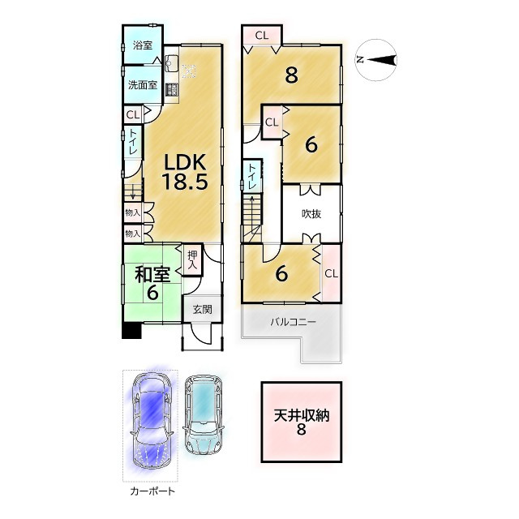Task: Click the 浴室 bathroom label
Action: [x=143, y=45]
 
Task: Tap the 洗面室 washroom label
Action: [x=143, y=85]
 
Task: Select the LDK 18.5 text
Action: [x=185, y=172]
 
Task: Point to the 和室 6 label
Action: [x=152, y=283]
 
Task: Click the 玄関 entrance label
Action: [x=202, y=310]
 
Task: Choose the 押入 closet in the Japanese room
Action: [x=192, y=259]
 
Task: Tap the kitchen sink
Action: [x=171, y=63]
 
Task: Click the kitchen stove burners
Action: [x=171, y=90]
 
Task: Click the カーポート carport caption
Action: [x=152, y=491]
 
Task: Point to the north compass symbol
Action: [x=375, y=60]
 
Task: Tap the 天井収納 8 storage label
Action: [x=302, y=422]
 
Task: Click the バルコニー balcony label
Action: [x=294, y=322]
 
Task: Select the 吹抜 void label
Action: [x=311, y=214]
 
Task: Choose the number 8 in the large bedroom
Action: [x=291, y=75]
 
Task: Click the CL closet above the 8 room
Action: [x=261, y=36]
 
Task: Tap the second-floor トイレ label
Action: [x=252, y=176]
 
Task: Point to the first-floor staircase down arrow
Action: [x=133, y=191]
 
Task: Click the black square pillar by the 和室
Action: [x=131, y=331]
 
